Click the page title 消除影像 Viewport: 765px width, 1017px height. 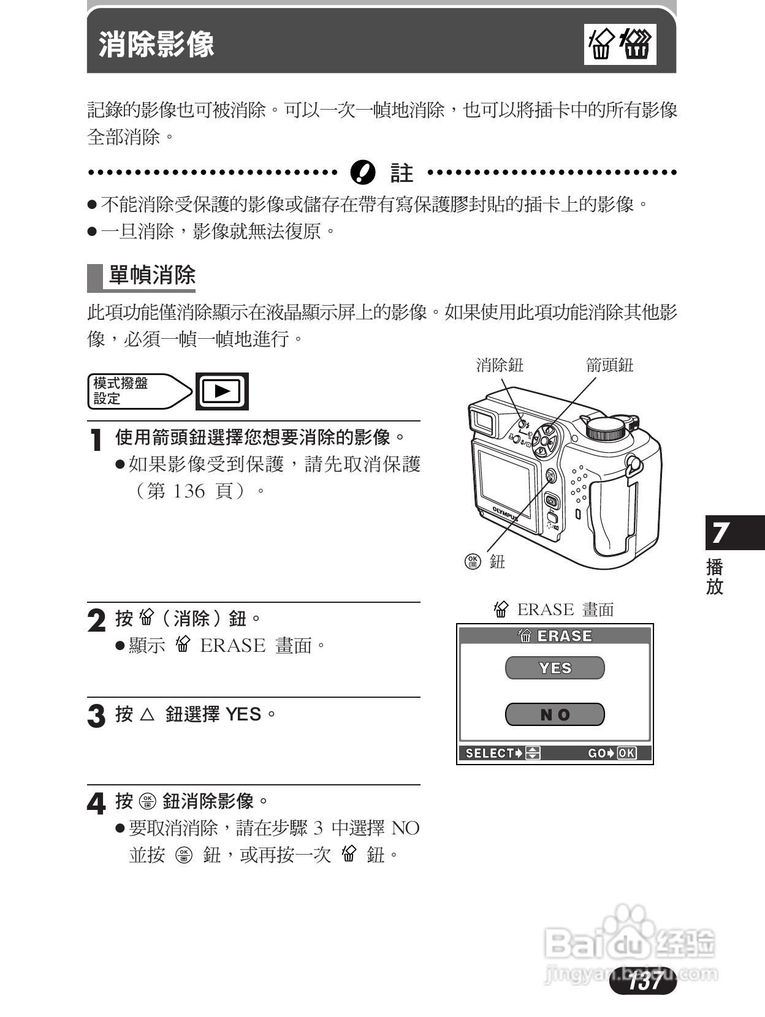coord(156,45)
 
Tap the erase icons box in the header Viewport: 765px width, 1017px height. coord(620,45)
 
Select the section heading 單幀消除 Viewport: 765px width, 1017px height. coord(151,276)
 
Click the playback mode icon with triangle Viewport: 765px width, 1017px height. coord(222,391)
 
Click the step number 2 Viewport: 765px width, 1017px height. coord(96,621)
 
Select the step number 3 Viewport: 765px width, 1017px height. coord(96,716)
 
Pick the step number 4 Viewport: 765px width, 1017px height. coord(96,803)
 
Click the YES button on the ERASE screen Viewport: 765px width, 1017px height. coord(555,668)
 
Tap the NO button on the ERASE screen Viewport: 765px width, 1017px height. coord(555,714)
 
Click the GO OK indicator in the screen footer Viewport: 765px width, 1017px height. coord(611,753)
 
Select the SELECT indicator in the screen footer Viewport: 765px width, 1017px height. coord(502,753)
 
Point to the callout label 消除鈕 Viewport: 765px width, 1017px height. coord(500,365)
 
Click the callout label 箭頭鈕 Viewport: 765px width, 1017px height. coord(609,365)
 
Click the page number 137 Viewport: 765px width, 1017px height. coord(644,981)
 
